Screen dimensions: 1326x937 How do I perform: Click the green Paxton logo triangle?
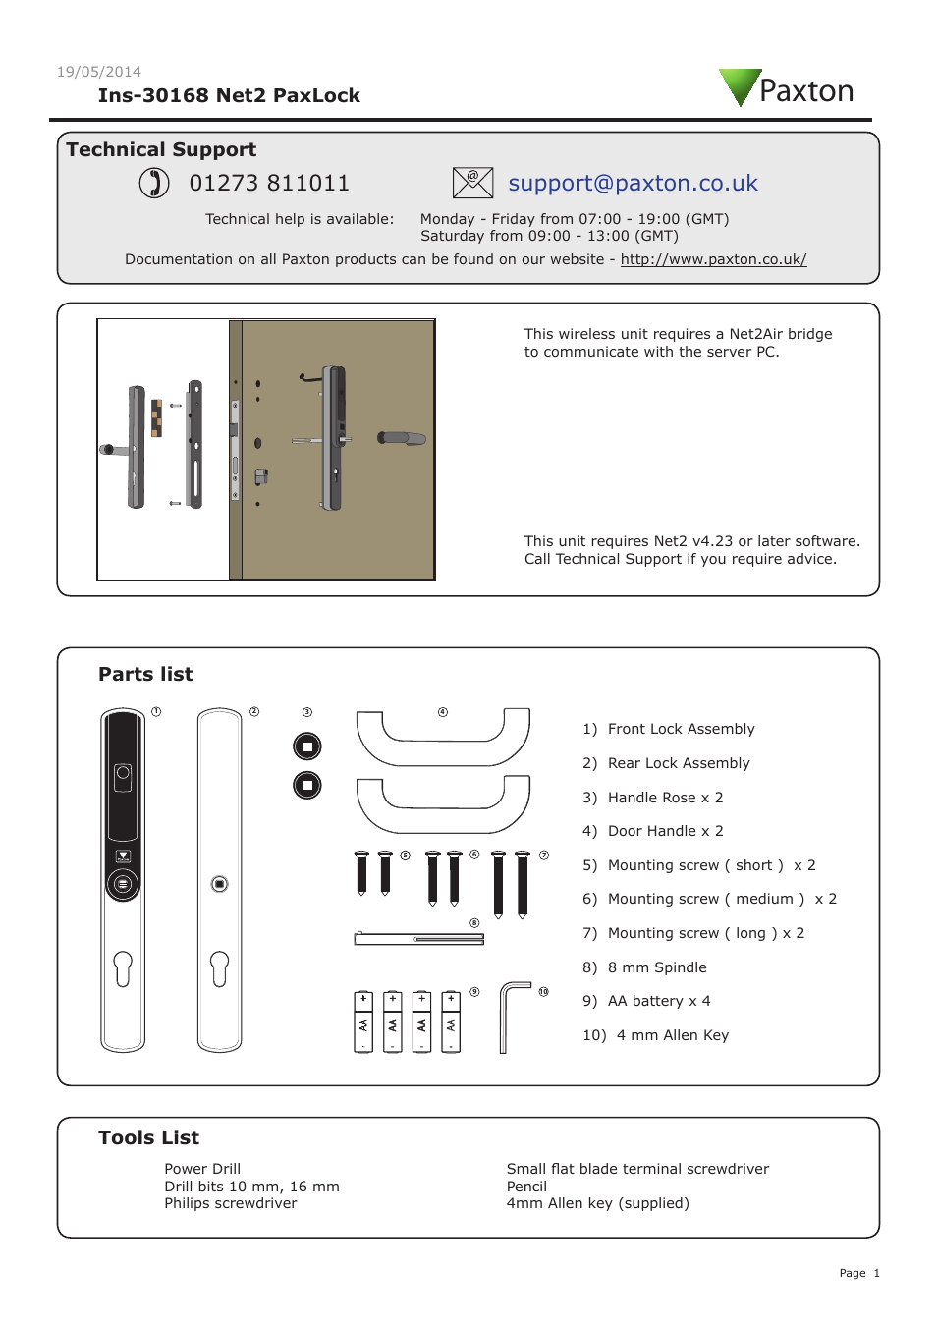[739, 84]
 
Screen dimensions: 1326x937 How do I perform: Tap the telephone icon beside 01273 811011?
[154, 183]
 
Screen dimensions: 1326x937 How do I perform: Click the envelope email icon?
[472, 183]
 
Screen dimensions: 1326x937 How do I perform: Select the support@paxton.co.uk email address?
[633, 184]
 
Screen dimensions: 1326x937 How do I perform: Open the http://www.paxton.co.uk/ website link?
[713, 259]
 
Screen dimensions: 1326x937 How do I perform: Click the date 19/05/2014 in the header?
[99, 72]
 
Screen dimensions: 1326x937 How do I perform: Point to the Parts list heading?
[145, 674]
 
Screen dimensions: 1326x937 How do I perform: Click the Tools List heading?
[148, 1137]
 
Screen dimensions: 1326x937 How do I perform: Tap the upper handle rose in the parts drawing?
[307, 746]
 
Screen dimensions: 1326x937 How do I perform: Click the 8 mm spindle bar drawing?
[419, 939]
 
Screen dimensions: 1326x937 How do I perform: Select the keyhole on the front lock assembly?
[123, 968]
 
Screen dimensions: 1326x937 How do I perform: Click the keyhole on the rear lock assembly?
[219, 968]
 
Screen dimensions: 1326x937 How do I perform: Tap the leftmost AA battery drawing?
[363, 1022]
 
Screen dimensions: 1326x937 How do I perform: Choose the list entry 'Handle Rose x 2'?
[665, 798]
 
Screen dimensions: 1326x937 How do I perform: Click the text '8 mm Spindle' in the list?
[657, 967]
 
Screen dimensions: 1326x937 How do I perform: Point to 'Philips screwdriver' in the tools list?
[231, 1203]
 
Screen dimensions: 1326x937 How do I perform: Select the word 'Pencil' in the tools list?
[526, 1187]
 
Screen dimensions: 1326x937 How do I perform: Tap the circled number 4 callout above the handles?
[443, 712]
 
